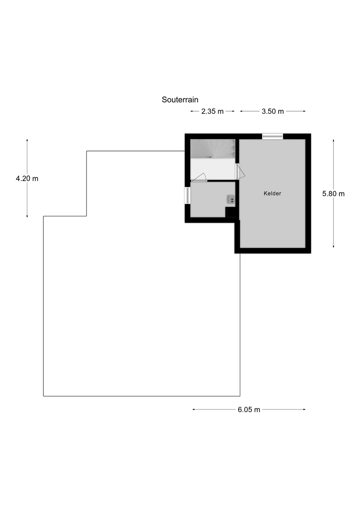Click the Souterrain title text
coord(180,100)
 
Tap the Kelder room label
coord(272,193)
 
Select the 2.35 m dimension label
coord(212,111)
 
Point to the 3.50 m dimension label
coord(272,111)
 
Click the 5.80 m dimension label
coord(333,194)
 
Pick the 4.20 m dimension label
coord(27,179)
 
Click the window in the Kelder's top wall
coord(272,136)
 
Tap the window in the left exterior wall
coord(187,195)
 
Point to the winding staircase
coord(213,149)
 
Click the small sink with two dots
coord(231,200)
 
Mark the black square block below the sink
coord(230,212)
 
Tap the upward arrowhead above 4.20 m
coord(27,140)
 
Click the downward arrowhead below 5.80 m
coord(333,246)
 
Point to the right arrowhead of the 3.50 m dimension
coord(304,111)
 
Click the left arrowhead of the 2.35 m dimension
coord(192,111)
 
